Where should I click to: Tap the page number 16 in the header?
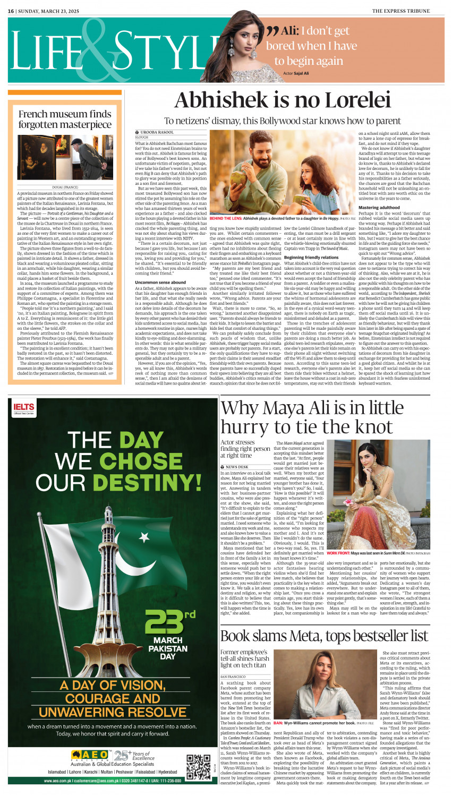[10, 11]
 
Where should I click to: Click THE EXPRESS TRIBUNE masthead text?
[407, 11]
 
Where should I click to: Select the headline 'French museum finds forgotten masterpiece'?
[65, 119]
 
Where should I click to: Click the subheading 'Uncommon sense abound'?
[160, 283]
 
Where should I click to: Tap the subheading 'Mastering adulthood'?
[379, 208]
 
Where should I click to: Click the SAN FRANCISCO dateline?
[232, 676]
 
